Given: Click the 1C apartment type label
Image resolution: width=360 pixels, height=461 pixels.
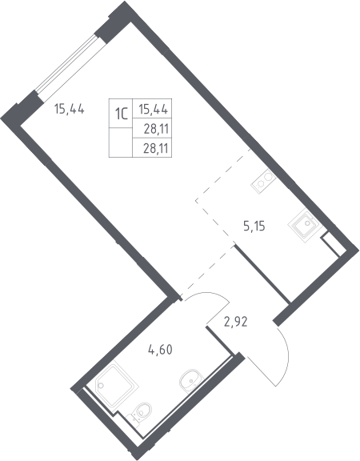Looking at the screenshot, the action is [121, 114].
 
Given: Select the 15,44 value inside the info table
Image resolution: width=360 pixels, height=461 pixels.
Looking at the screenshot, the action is [153, 110].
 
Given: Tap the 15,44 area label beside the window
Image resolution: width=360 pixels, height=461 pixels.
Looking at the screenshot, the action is [70, 110].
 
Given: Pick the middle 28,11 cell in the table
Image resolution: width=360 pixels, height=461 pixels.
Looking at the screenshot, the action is [156, 129].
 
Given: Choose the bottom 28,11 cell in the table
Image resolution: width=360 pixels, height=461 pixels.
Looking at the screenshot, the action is [156, 149].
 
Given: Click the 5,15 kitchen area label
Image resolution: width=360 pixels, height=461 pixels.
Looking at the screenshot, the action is [254, 226].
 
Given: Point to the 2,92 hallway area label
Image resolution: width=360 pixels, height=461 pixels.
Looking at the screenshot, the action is [236, 322].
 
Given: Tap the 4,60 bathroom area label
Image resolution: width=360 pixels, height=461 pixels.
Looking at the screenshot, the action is [160, 350].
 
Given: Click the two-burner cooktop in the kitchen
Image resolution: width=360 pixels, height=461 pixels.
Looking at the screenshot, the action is [263, 182].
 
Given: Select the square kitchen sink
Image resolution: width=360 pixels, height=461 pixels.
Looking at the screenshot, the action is [303, 226].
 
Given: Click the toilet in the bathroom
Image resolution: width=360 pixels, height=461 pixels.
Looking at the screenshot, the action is [140, 412].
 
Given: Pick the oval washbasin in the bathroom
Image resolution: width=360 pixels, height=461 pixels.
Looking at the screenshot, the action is [191, 380].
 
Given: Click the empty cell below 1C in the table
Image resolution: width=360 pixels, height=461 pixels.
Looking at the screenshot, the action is [121, 142].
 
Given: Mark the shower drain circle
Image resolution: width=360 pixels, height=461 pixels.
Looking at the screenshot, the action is [101, 385].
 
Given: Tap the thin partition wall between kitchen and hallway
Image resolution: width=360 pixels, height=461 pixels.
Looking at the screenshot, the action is [262, 274].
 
